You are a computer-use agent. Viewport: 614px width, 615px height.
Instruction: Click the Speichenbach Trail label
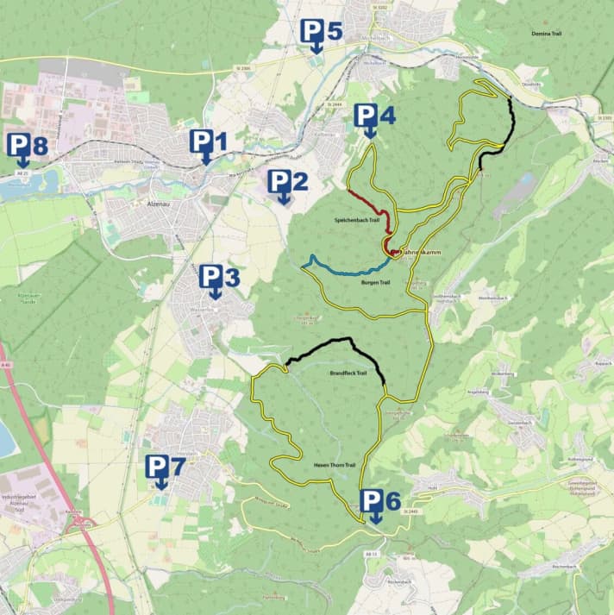pyautogui.click(x=357, y=221)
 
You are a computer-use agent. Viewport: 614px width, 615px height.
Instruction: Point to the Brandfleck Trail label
pyautogui.click(x=349, y=373)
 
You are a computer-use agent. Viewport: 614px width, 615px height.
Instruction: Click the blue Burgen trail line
pyautogui.click(x=345, y=271)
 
